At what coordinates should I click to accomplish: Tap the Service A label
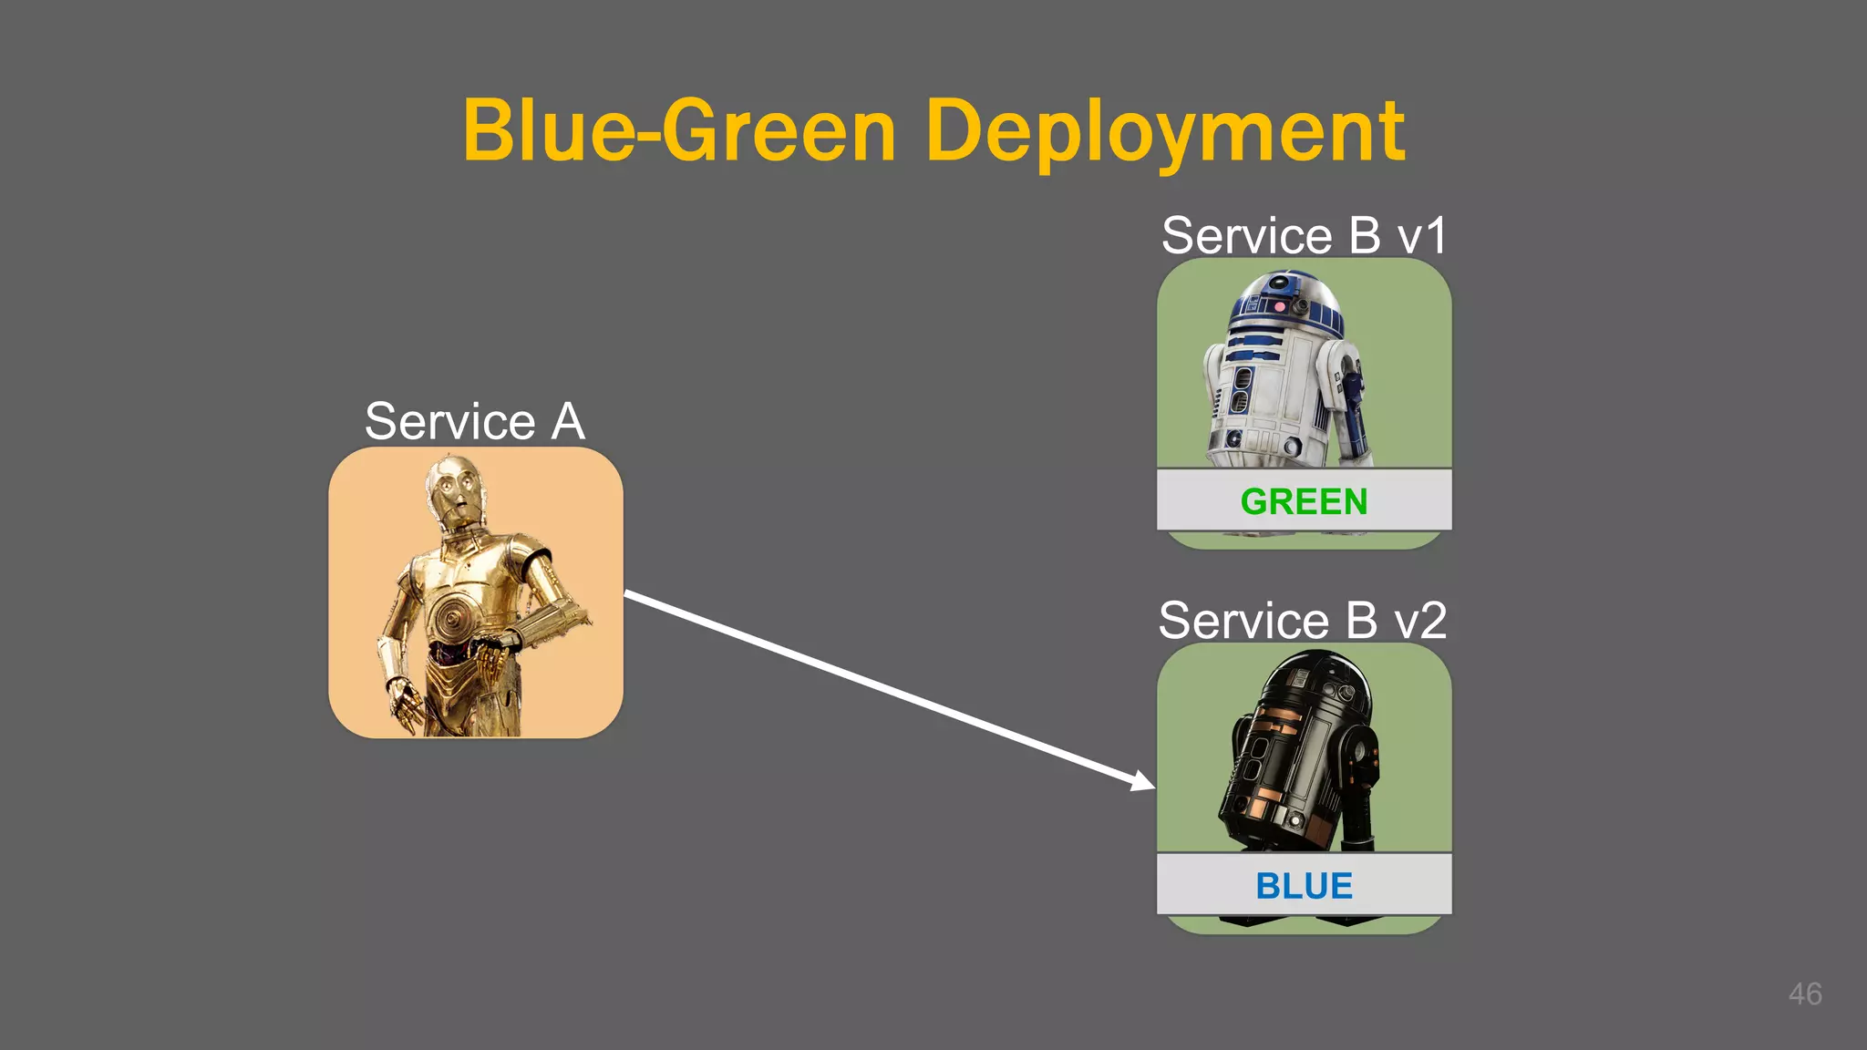474,421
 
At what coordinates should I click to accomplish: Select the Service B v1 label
1304,235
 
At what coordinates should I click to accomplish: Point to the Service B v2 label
1302,621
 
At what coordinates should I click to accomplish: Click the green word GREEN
1304,501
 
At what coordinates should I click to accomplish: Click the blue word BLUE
1304,886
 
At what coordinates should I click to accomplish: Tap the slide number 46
1804,993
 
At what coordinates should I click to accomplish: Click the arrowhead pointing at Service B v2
1144,782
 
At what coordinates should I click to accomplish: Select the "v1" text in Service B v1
1422,235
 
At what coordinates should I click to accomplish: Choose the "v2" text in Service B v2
1420,621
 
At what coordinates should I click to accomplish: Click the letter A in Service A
567,421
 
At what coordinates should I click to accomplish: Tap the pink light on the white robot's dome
1279,307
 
